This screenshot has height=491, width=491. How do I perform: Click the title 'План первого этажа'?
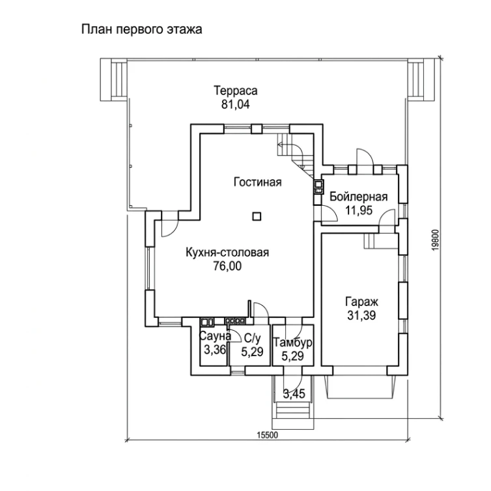(x=141, y=30)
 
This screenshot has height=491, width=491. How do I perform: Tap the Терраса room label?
(x=236, y=91)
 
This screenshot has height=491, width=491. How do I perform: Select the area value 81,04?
(x=236, y=104)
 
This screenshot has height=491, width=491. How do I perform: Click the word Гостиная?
(x=258, y=182)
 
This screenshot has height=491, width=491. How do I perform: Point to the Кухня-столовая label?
(x=227, y=253)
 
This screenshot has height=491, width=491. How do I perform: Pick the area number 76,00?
(x=227, y=266)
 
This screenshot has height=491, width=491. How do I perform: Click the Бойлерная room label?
(x=359, y=197)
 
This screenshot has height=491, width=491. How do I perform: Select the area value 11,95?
(x=359, y=210)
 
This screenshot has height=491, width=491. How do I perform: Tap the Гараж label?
(x=361, y=302)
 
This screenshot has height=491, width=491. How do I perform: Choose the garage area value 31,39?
(x=361, y=315)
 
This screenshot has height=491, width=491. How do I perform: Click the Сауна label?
(x=215, y=336)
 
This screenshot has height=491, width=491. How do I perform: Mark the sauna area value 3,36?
(x=215, y=350)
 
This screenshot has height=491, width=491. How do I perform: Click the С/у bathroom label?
(x=252, y=338)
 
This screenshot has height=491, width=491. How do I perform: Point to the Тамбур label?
(x=293, y=343)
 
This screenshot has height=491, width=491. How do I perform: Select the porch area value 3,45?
(x=294, y=394)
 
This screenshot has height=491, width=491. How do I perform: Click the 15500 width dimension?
(x=268, y=435)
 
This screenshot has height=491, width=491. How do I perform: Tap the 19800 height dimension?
(x=436, y=240)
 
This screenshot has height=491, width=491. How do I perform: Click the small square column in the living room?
(x=257, y=216)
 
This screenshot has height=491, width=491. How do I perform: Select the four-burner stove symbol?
(x=234, y=321)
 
